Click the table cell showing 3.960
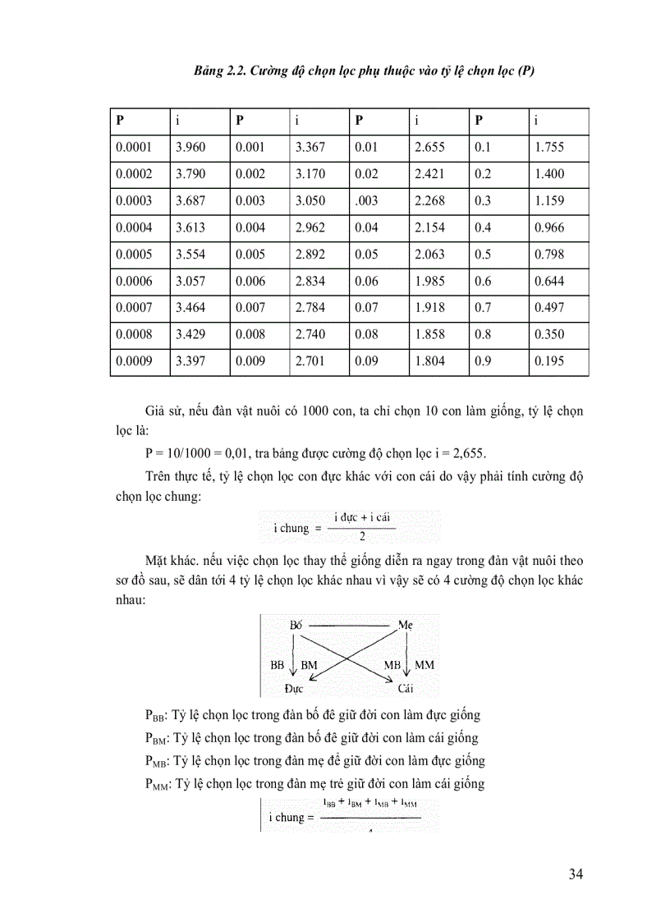pos(190,148)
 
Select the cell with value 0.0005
pos(135,255)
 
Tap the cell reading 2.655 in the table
pos(430,148)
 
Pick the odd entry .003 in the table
pos(367,201)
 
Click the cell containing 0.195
pos(548,361)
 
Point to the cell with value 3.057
pos(190,282)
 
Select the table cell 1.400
pos(549,174)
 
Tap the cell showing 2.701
pos(310,361)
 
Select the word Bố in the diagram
pos(296,625)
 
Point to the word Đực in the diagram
pos(295,688)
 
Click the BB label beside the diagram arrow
pos(278,663)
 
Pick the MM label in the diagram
pos(424,663)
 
